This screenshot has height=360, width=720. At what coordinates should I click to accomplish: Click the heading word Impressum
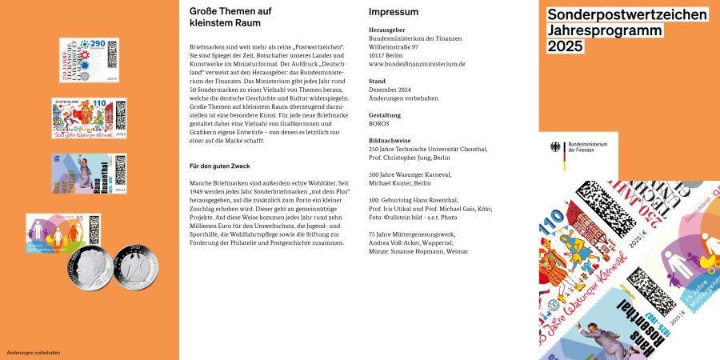coord(393,12)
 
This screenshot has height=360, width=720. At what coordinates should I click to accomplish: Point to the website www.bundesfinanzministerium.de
coord(416,63)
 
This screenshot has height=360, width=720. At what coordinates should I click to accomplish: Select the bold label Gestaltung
coord(385,115)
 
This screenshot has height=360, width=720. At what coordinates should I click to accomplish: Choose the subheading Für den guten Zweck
coord(220,166)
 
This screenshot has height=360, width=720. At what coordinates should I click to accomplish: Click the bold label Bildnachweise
coord(390,140)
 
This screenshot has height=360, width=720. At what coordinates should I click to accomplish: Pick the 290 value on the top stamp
coord(98,43)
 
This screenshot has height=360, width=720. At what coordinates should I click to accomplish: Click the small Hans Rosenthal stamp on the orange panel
coord(89,174)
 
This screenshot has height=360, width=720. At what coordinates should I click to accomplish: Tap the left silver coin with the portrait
coord(89,271)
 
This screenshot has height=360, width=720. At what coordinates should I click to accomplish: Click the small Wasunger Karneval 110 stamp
coord(88,119)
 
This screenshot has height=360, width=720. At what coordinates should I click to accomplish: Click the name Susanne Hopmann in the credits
coord(420,252)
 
